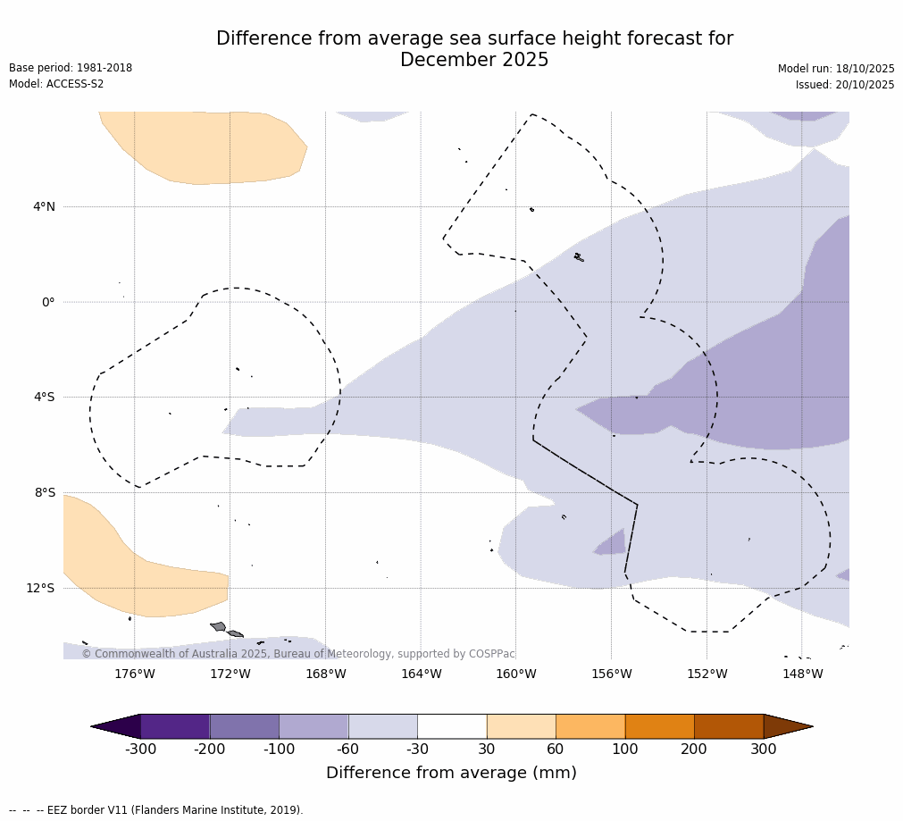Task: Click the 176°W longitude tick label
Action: pos(134,674)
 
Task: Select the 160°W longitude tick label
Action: pos(515,674)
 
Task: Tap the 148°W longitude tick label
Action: pos(802,674)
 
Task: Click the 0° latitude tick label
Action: pos(48,302)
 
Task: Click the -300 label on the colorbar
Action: pos(140,750)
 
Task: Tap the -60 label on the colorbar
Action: pos(348,750)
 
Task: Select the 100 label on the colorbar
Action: pos(625,750)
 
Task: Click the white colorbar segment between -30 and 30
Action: pos(452,726)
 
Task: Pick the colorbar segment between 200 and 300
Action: pos(729,726)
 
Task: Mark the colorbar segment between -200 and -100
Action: pos(244,726)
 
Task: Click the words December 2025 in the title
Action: pos(474,61)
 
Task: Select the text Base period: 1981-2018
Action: pos(71,68)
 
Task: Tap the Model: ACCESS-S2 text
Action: pos(56,84)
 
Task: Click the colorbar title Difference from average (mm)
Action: pos(451,773)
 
